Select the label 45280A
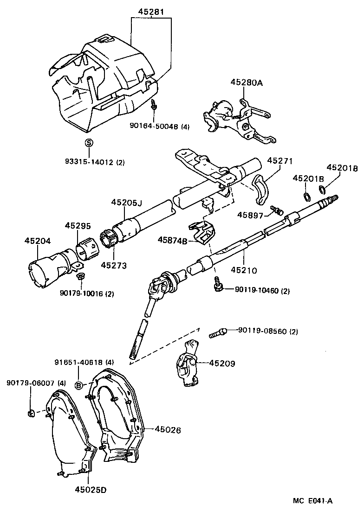(x=247, y=83)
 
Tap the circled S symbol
(x=89, y=142)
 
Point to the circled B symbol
(x=79, y=385)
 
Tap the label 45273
(x=114, y=265)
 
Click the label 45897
(x=250, y=215)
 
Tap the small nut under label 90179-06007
(x=31, y=413)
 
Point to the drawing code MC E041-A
(x=312, y=500)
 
